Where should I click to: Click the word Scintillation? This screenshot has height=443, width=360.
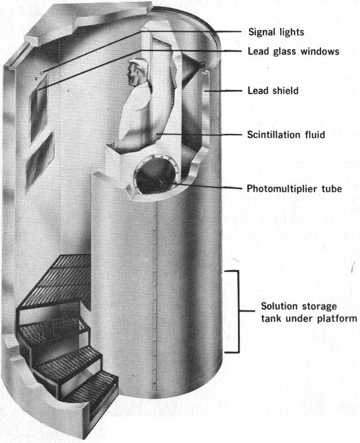pyautogui.click(x=274, y=135)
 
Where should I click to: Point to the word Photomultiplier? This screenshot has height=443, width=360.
pyautogui.click(x=281, y=188)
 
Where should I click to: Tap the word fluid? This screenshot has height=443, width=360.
pyautogui.click(x=314, y=135)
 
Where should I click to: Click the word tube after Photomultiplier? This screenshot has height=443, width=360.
pyautogui.click(x=331, y=188)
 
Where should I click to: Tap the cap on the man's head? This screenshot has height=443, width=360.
pyautogui.click(x=136, y=61)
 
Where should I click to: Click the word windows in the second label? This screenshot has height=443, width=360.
pyautogui.click(x=319, y=52)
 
